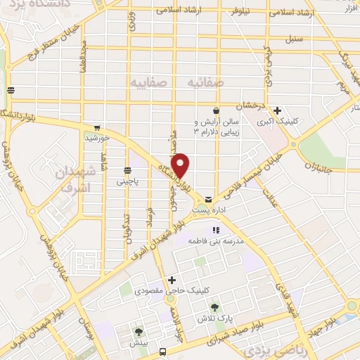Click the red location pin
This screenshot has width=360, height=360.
(181, 165)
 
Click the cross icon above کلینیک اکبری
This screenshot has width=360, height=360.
(278, 110)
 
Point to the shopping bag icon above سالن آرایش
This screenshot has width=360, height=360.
(216, 111)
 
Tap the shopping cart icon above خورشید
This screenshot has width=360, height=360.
(96, 128)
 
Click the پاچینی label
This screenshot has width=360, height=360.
(128, 181)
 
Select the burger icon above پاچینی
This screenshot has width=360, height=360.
(127, 170)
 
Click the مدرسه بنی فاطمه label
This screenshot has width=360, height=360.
(214, 240)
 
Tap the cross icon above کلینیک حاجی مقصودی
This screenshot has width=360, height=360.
(172, 280)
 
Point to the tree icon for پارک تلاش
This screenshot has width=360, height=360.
(215, 307)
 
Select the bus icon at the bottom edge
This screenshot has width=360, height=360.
(163, 352)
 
